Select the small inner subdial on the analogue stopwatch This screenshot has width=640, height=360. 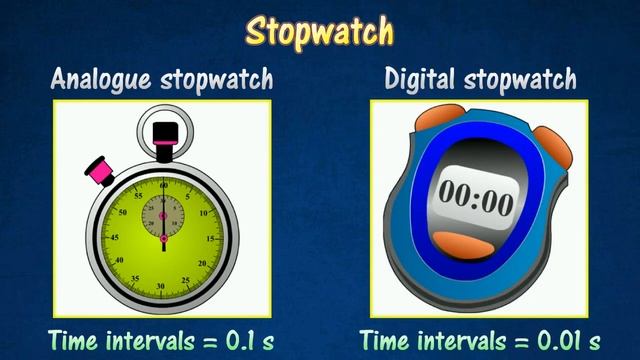[163, 214]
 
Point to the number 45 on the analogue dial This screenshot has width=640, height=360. [112, 240]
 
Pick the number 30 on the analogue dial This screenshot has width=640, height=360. [163, 287]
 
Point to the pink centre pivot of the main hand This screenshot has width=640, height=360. [163, 240]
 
